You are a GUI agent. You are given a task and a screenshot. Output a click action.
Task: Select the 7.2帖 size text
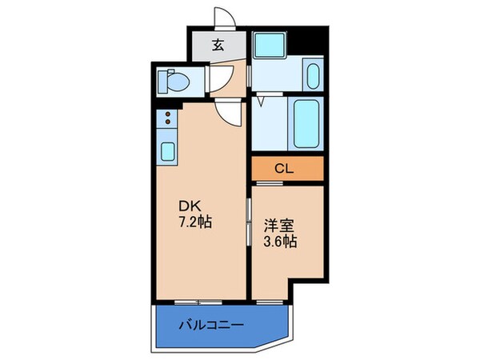[195, 222]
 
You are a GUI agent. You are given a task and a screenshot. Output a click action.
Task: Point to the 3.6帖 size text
[281, 241]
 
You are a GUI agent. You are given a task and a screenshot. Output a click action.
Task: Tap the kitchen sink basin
[169, 150]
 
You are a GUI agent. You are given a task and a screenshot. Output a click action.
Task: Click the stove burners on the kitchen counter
[168, 120]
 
